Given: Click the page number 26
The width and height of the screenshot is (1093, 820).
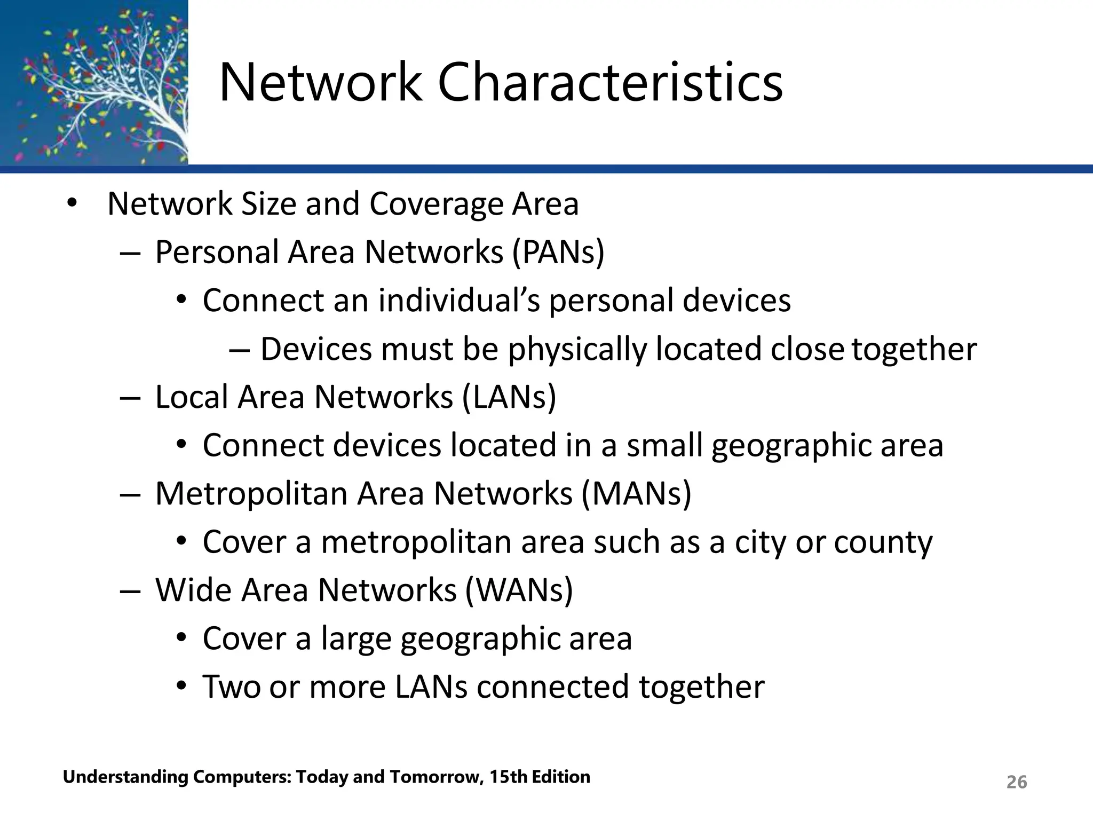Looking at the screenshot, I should click(x=1016, y=782).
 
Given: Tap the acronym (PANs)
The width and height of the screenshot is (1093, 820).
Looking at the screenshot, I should click(x=558, y=252).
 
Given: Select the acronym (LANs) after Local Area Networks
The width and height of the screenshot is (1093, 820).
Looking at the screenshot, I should click(x=509, y=397).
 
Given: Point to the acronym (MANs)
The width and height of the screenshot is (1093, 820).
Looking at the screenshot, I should click(x=636, y=493).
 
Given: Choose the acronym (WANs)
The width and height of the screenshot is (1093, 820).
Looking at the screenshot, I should click(x=519, y=590).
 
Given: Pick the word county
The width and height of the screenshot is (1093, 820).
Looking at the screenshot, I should click(x=883, y=542).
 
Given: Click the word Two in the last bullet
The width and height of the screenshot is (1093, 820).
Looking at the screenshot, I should click(x=231, y=687).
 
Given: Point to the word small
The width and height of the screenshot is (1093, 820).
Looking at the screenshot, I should click(x=664, y=445).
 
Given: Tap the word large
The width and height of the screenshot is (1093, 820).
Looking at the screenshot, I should click(x=356, y=639).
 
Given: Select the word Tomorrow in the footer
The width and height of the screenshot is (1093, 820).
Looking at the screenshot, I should click(x=436, y=777).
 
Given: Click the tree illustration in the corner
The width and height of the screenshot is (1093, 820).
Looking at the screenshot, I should click(x=94, y=83).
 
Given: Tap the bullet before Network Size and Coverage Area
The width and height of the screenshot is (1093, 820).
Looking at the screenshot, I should click(x=72, y=204).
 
